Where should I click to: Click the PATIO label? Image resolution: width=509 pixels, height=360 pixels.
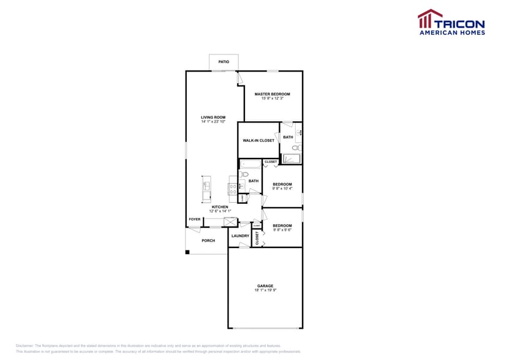pyautogui.click(x=224, y=62)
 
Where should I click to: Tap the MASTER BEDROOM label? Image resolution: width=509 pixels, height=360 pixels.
pyautogui.click(x=273, y=94)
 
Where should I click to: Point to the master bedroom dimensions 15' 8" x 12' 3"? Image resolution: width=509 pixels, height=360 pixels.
pyautogui.click(x=273, y=99)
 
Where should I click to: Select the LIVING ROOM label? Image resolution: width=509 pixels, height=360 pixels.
pyautogui.click(x=213, y=117)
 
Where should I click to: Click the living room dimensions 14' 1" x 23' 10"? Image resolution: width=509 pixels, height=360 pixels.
pyautogui.click(x=213, y=122)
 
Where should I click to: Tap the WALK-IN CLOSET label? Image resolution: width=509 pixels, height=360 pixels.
pyautogui.click(x=258, y=140)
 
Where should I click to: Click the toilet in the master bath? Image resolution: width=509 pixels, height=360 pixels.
pyautogui.click(x=296, y=148)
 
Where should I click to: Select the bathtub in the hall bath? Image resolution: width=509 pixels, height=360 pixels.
pyautogui.click(x=250, y=164)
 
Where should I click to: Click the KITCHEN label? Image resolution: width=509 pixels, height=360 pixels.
pyautogui.click(x=220, y=207)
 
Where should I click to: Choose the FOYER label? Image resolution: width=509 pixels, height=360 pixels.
pyautogui.click(x=195, y=219)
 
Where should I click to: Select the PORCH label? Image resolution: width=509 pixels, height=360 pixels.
pyautogui.click(x=208, y=241)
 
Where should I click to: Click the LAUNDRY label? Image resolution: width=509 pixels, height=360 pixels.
pyautogui.click(x=240, y=236)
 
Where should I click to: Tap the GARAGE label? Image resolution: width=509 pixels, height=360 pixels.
pyautogui.click(x=265, y=286)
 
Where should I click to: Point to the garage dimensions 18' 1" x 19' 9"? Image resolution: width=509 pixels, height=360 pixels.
pyautogui.click(x=265, y=291)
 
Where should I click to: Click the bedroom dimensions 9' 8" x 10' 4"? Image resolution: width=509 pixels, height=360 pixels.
pyautogui.click(x=282, y=189)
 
